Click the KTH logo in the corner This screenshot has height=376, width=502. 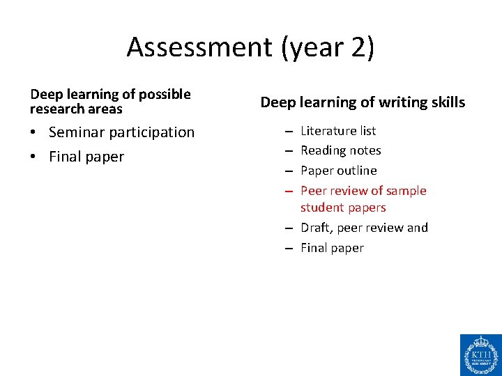click(480, 354)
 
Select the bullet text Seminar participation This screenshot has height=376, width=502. click(121, 132)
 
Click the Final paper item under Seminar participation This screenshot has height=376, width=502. click(86, 157)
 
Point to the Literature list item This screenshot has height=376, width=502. click(338, 131)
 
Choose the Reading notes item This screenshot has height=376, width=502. click(340, 150)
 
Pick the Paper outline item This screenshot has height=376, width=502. click(338, 171)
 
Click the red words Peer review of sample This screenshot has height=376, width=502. click(363, 191)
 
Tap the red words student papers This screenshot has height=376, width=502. click(343, 207)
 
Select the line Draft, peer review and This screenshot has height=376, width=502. click(364, 228)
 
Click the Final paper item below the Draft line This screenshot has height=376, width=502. click(332, 248)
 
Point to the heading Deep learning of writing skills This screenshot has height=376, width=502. click(363, 103)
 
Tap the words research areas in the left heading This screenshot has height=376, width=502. click(76, 109)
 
